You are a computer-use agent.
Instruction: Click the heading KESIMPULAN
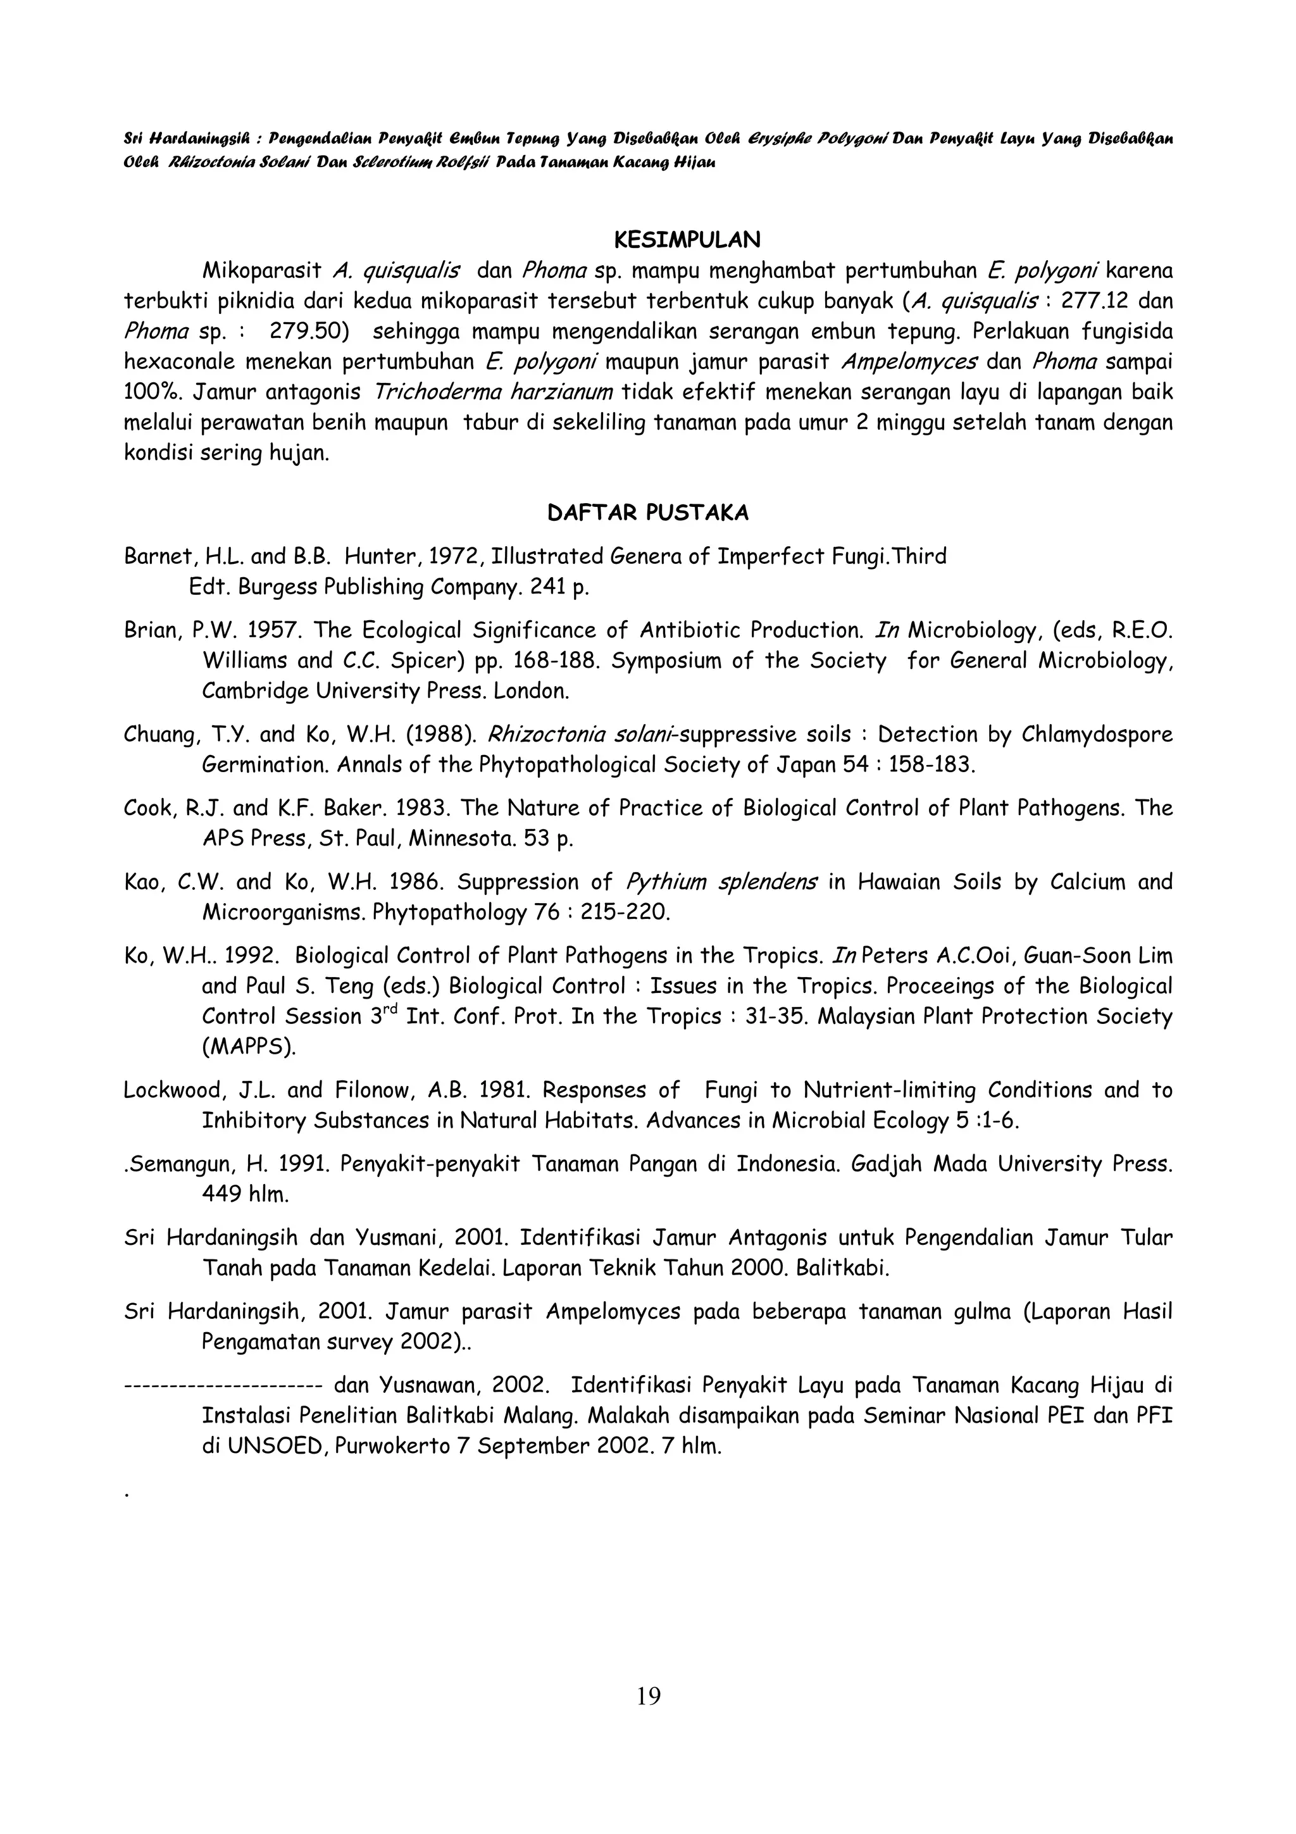click(x=687, y=240)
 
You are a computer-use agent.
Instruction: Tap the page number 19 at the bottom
click(x=649, y=1696)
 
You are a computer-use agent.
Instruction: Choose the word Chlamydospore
click(x=1098, y=734)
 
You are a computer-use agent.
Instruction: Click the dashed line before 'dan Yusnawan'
click(x=223, y=1385)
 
